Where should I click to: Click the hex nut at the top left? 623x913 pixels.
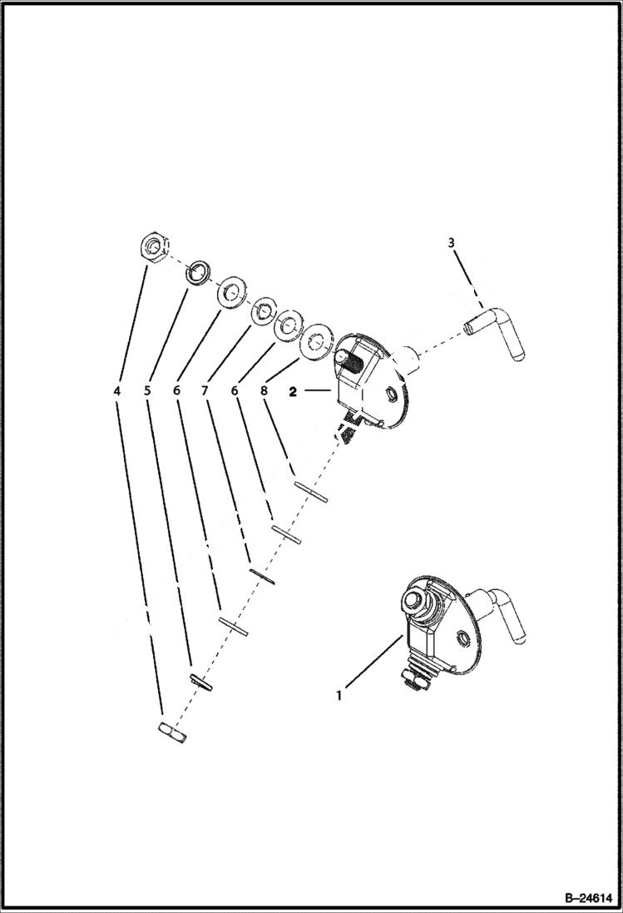click(154, 247)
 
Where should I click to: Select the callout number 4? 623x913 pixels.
click(117, 390)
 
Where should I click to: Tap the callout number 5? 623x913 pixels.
click(147, 390)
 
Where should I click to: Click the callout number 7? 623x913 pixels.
click(205, 390)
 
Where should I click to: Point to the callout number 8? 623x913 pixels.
click(265, 390)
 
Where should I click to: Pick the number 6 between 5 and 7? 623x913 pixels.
click(176, 390)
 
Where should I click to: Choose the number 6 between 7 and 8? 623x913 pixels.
click(235, 390)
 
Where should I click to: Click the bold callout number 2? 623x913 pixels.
click(293, 390)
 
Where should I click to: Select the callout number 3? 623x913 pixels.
click(452, 243)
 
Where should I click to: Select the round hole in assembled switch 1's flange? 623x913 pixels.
click(464, 638)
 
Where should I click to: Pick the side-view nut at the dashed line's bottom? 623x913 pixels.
click(172, 732)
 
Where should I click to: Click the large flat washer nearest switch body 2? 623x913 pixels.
click(317, 341)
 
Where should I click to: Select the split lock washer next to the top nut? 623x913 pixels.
click(198, 273)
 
